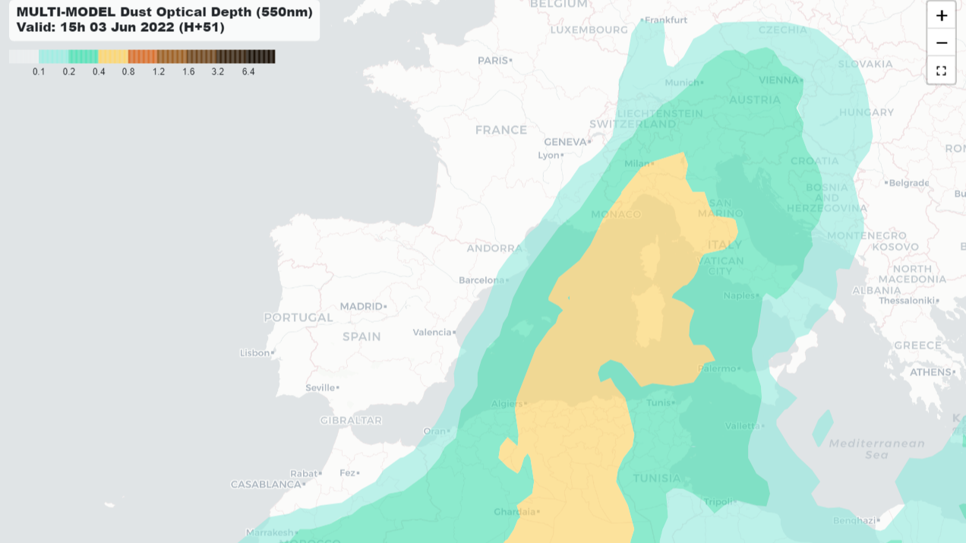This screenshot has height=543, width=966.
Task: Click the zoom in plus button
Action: [941, 15]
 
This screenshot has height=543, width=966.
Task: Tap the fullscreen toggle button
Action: [941, 71]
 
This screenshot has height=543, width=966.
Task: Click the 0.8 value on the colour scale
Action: [128, 72]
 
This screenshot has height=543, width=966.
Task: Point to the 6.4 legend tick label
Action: [248, 72]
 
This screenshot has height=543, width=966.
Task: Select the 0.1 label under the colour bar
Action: [39, 72]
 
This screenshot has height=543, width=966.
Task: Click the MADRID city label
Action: [361, 306]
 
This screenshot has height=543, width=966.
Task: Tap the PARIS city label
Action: [493, 60]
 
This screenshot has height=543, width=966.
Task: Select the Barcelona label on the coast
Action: [481, 280]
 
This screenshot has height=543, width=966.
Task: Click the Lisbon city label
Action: [254, 352]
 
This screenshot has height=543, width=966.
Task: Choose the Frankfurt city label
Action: [666, 20]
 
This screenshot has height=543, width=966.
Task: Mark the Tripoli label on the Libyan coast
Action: [717, 502]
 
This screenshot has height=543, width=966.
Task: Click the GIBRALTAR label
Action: [351, 420]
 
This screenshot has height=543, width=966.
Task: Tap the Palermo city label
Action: [718, 368]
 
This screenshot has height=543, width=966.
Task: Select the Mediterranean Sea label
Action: [876, 449]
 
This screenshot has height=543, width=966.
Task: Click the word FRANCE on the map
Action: [501, 130]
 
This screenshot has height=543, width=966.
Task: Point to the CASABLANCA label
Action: [266, 484]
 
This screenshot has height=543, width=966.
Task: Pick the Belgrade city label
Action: [909, 182]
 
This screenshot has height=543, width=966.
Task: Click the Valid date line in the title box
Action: [121, 27]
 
